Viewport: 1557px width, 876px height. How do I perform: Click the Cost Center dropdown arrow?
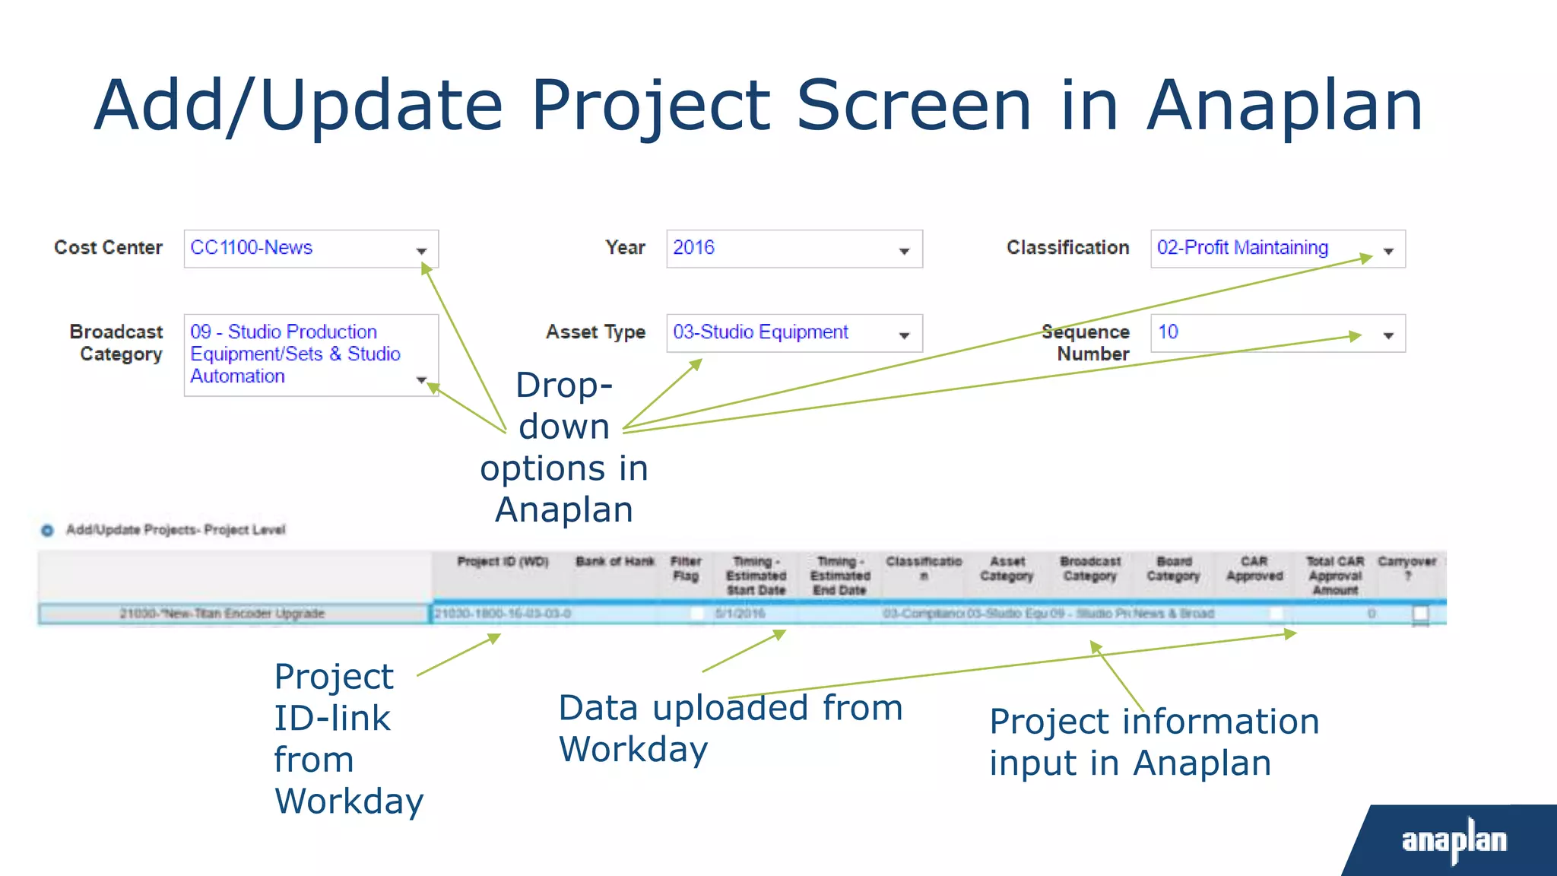(421, 251)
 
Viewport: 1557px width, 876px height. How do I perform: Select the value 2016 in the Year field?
(693, 248)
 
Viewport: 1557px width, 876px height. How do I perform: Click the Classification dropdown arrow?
(1388, 251)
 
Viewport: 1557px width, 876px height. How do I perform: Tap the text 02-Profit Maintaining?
(1242, 248)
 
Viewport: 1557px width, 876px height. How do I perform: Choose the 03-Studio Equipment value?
(760, 332)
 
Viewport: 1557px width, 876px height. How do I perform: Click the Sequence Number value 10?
(1168, 332)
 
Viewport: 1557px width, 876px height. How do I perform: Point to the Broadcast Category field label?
(116, 343)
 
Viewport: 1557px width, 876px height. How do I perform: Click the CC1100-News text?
(251, 248)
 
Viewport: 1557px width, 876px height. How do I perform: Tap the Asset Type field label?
(595, 332)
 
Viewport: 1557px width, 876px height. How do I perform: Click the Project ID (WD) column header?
(503, 562)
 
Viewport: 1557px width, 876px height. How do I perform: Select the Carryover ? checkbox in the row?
(1420, 613)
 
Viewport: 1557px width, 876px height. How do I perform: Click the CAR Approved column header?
(1254, 569)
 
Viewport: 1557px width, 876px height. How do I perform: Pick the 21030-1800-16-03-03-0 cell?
(503, 614)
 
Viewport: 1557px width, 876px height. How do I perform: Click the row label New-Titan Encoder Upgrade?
(222, 614)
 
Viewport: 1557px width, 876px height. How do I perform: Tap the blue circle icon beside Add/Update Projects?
(47, 530)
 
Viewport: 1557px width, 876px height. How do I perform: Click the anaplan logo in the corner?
(1454, 840)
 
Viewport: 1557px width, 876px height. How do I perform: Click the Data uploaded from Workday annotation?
(730, 728)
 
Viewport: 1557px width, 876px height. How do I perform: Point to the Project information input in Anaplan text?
(1153, 741)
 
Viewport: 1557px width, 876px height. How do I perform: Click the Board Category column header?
(1173, 569)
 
